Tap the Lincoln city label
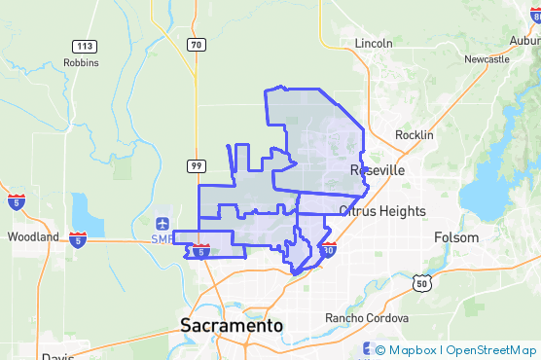click(374, 44)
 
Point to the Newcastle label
click(487, 59)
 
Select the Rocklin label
click(415, 135)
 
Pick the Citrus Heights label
click(382, 210)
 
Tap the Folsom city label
click(456, 237)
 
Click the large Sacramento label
click(232, 326)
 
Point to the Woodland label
click(32, 236)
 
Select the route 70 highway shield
click(197, 45)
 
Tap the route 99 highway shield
click(197, 166)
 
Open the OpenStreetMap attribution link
click(491, 349)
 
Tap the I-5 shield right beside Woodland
click(77, 236)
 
